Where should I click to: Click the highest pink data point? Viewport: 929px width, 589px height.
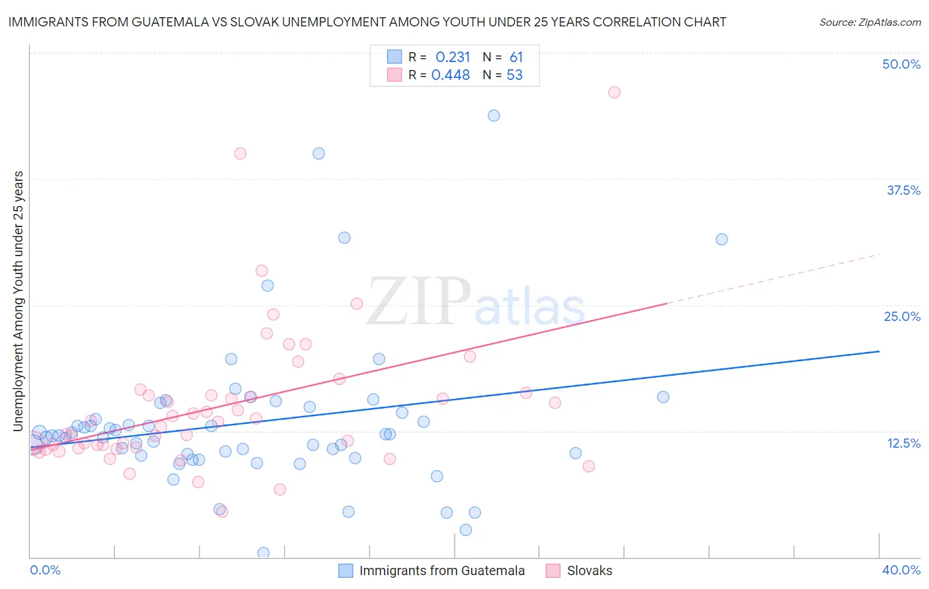coord(614,92)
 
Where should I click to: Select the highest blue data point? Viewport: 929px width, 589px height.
coord(494,116)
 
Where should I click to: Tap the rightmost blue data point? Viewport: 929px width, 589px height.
coord(722,239)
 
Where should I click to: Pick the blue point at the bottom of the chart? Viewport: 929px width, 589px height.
coord(263,553)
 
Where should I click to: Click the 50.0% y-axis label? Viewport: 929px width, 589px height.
coord(901,64)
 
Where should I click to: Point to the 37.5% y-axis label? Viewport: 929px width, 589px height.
coord(903,190)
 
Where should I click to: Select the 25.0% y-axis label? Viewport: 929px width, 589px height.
coord(902,316)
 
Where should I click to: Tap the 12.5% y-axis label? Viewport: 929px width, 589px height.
coord(903,443)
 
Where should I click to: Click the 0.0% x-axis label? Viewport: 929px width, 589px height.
coord(45,570)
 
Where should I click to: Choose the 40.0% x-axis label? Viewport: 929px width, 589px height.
coord(901,570)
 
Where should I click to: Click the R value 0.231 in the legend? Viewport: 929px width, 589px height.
coord(453,57)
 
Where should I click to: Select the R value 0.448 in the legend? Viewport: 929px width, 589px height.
coord(451,75)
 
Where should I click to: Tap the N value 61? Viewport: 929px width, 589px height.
coord(516,57)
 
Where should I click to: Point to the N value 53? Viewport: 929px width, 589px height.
coord(515,75)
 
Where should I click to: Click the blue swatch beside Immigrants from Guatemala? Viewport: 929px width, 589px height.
coord(346,571)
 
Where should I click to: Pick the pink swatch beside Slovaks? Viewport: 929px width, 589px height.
coord(553,571)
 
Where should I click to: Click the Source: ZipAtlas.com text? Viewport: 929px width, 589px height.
coord(870,22)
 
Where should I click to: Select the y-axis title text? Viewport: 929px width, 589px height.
coord(19,301)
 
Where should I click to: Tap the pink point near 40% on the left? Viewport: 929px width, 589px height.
coord(240,153)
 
